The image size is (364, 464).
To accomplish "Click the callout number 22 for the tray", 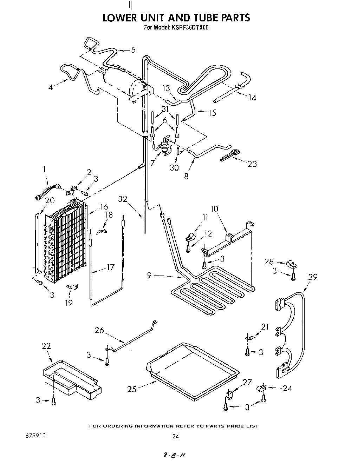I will tap(46, 346).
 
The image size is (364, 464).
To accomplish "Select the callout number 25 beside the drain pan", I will tap(132, 389).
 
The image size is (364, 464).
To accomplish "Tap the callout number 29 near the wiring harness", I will tap(312, 277).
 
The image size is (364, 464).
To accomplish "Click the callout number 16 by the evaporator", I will tap(104, 207).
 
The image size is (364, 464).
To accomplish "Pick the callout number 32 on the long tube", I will tap(122, 199).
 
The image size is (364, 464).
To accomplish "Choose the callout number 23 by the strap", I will tap(252, 164).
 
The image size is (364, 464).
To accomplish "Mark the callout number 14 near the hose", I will tap(252, 98).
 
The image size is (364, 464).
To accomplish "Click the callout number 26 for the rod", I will tap(100, 330).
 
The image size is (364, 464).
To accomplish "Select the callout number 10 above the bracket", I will tap(214, 209).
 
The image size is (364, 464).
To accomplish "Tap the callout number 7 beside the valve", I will tap(153, 163).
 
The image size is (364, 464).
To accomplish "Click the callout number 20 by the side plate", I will tap(50, 200).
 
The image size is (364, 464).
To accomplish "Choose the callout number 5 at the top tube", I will tap(133, 50).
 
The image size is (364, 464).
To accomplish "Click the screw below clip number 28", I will tap(293, 277).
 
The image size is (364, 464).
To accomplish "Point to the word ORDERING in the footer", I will tap(131, 426).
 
